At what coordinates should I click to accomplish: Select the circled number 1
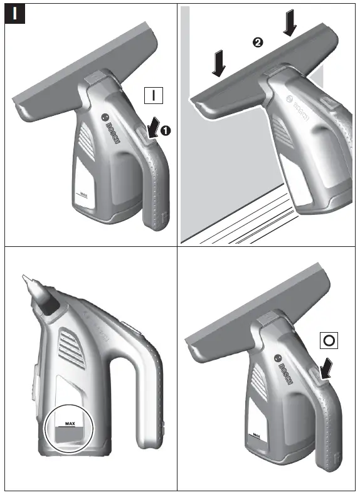(166, 130)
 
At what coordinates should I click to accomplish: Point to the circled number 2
(256, 42)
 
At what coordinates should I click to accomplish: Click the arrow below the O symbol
(326, 368)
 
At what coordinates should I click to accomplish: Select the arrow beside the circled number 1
(151, 128)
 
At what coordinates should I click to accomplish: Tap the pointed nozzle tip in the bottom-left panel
(25, 279)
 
